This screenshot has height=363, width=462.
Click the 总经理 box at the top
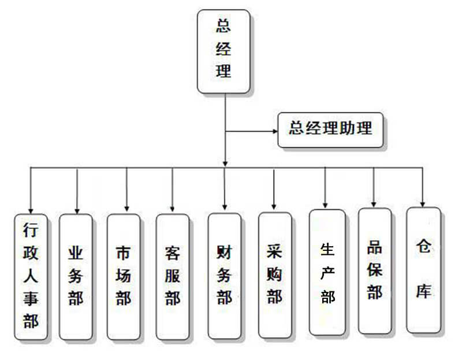click(x=223, y=51)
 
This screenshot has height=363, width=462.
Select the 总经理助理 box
click(x=330, y=129)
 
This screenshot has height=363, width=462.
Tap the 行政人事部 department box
click(x=31, y=276)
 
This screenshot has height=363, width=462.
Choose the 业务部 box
click(x=76, y=276)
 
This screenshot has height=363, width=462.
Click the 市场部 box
click(x=124, y=276)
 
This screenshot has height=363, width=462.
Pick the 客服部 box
click(x=173, y=276)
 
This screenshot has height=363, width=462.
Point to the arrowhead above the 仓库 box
click(x=423, y=203)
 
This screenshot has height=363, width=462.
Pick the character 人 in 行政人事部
click(x=31, y=276)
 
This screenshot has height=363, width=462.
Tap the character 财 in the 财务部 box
click(x=224, y=253)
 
